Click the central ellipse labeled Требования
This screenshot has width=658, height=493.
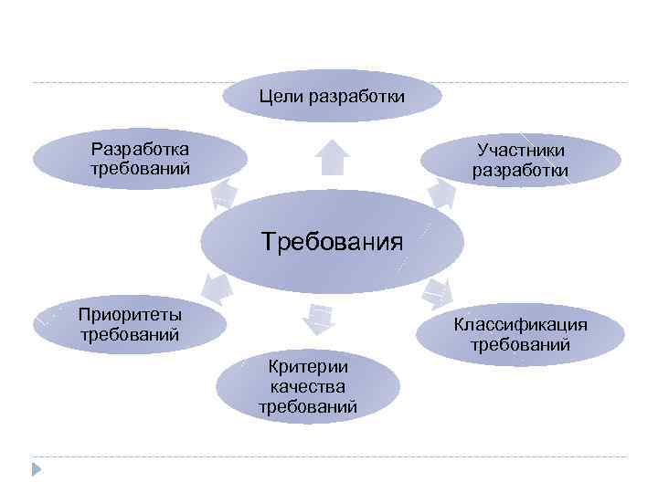(332, 241)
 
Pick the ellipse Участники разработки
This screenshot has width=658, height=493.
(520, 161)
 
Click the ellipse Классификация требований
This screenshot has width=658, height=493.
(520, 334)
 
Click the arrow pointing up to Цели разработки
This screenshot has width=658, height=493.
(332, 156)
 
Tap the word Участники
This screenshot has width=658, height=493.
(520, 152)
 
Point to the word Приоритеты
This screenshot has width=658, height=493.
(130, 315)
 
